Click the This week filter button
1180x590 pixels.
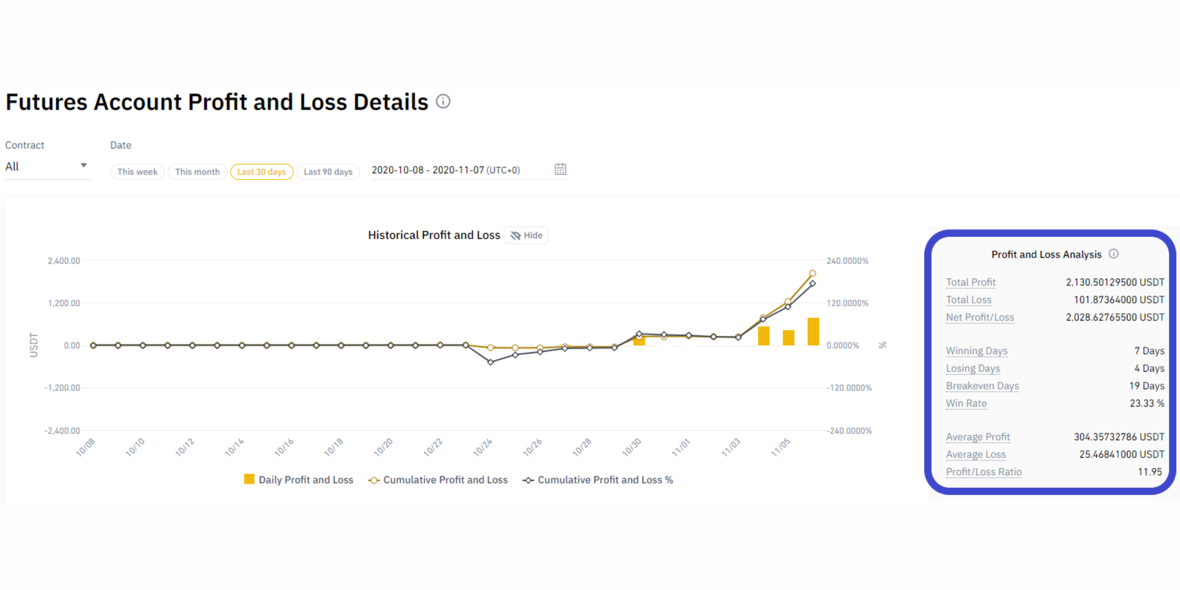coord(137,172)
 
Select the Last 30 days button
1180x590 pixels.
coord(262,172)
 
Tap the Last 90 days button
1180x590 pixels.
coord(328,172)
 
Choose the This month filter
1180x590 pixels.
coord(197,172)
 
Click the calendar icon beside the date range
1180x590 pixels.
coord(560,169)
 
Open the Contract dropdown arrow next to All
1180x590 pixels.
coord(84,166)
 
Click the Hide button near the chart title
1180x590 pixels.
coord(526,235)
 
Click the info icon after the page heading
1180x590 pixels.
coord(443,101)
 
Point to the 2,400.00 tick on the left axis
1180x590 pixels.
coord(64,261)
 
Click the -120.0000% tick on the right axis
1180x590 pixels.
coord(849,388)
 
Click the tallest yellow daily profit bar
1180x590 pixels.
coord(813,331)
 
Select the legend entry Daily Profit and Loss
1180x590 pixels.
coord(299,480)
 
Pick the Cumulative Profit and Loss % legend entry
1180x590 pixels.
coord(598,480)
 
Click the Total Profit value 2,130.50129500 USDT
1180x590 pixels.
coord(1114,282)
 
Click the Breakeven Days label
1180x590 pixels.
coord(982,386)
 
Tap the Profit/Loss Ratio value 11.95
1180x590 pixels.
coord(1150,472)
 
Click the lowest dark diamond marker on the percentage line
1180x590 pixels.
coord(491,362)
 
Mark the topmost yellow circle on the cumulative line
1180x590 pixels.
coord(813,273)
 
